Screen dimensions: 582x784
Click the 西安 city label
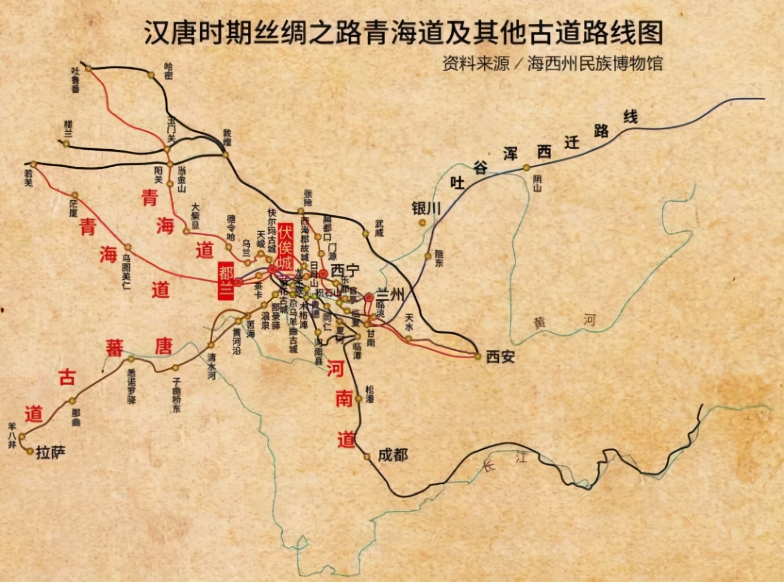501,357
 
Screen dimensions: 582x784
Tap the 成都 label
393,454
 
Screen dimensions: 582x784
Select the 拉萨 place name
51,452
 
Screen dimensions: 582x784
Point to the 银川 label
426,208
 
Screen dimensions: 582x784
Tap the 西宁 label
345,271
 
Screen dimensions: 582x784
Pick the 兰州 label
390,294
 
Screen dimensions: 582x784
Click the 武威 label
378,228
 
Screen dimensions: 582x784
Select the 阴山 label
537,182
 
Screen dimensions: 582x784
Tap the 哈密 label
168,71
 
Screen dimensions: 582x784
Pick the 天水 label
410,322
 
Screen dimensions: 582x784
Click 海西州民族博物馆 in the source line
595,63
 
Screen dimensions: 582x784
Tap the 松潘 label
370,394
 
